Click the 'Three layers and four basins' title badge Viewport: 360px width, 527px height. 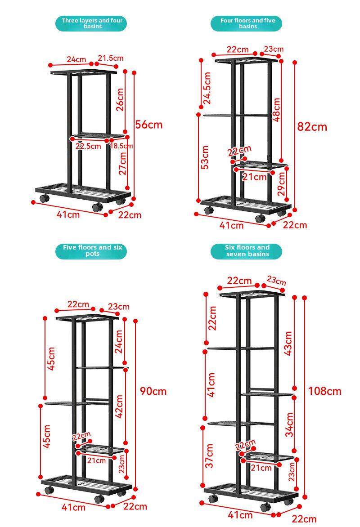[92, 23]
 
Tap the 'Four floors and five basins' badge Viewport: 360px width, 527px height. [247, 23]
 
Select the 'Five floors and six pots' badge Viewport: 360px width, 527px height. [92, 251]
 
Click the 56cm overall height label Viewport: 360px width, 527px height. [149, 125]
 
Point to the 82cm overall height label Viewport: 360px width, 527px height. [312, 126]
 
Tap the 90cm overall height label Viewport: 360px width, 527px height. [153, 391]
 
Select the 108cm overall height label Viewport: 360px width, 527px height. [324, 391]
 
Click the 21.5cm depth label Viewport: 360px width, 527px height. [111, 58]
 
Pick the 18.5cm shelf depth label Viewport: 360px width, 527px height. [121, 146]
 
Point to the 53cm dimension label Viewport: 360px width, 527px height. [205, 157]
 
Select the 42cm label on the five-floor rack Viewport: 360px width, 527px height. [119, 406]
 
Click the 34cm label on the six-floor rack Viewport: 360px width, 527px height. [290, 424]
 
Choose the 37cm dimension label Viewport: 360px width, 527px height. [210, 456]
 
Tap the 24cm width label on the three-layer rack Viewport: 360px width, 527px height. [76, 59]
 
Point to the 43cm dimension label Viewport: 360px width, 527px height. [289, 343]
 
